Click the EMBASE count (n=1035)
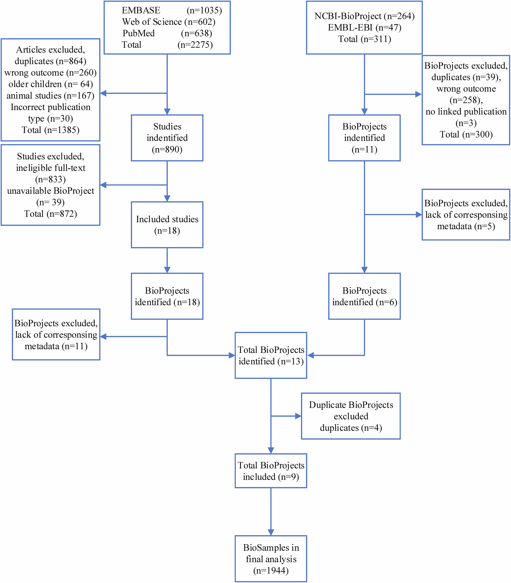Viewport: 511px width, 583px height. tap(204, 10)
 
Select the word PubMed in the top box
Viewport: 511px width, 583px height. tap(138, 33)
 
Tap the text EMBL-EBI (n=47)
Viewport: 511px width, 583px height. tap(364, 28)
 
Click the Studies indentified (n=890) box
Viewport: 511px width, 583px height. tap(167, 138)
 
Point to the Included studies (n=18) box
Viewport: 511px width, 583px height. tap(167, 225)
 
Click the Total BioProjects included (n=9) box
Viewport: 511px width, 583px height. tap(271, 471)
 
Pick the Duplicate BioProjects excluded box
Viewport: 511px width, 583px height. tap(351, 416)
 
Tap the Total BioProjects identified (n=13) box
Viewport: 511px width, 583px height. tap(271, 355)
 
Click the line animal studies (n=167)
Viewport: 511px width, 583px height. tap(50, 96)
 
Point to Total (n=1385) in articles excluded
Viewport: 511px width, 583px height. tap(50, 130)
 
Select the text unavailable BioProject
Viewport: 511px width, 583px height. tap(50, 191)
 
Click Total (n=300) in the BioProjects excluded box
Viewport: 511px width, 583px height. tap(466, 134)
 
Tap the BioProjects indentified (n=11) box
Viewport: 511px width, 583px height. tap(364, 138)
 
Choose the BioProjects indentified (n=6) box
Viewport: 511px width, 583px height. tap(364, 296)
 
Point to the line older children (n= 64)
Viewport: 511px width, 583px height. tap(50, 84)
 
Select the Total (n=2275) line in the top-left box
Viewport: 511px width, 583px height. tap(167, 45)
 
